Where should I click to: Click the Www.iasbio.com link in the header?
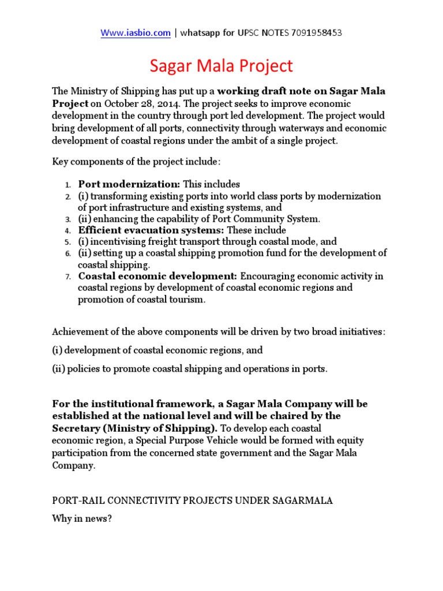[x=136, y=33]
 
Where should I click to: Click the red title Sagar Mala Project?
[x=221, y=66]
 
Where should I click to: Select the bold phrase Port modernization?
[x=129, y=184]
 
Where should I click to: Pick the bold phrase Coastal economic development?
[x=158, y=276]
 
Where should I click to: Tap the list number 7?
[x=67, y=277]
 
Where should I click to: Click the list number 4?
[x=67, y=231]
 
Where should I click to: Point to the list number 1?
[x=67, y=185]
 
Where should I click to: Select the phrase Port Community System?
[x=271, y=219]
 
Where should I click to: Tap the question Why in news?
[x=81, y=518]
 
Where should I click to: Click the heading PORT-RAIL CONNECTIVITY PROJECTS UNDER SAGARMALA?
[x=192, y=500]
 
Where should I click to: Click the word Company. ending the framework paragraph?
[x=73, y=465]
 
